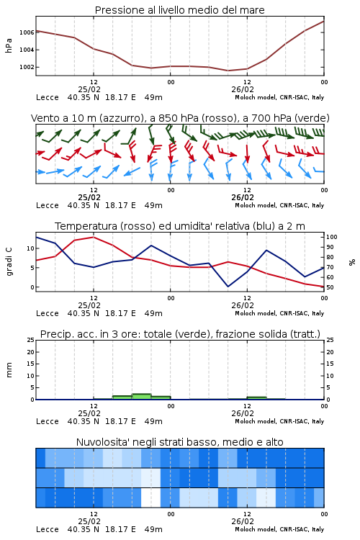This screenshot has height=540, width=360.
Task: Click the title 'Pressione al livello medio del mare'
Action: (179, 10)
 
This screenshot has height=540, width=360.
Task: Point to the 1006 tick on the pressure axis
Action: (27, 32)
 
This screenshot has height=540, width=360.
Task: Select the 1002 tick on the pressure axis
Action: (27, 67)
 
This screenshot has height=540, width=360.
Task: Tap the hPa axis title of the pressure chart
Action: (9, 45)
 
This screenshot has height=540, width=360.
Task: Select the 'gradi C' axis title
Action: (9, 262)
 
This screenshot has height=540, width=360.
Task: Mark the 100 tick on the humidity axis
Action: (332, 237)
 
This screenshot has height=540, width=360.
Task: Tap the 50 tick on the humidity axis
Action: (330, 287)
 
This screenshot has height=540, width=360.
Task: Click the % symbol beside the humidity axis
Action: (352, 262)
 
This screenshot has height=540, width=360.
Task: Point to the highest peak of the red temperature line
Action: (94, 237)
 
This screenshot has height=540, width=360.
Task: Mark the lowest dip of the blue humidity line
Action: (228, 287)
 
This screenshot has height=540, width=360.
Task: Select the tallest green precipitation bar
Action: (142, 397)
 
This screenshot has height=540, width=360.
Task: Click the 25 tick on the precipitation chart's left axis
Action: (31, 340)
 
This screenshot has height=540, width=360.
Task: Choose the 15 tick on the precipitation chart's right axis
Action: (330, 364)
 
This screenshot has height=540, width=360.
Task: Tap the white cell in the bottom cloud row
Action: (151, 498)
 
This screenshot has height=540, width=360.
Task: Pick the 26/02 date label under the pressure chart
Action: (243, 89)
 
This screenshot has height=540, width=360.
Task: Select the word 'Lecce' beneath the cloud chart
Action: (48, 529)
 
